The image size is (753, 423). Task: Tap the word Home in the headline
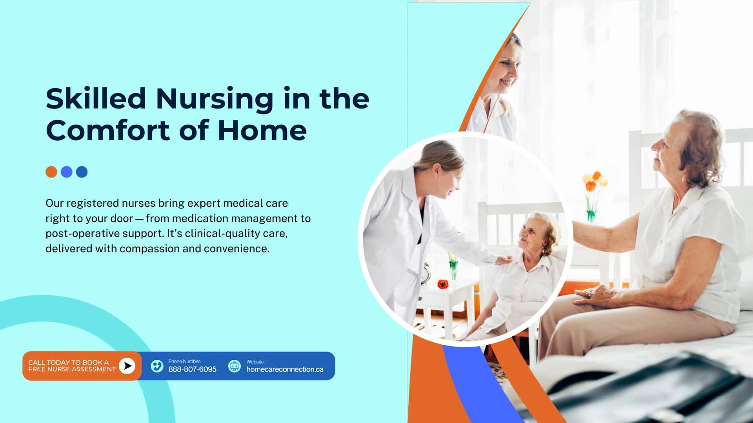click(262, 130)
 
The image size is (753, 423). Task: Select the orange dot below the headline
click(51, 172)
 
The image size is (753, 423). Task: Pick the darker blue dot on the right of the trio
click(82, 172)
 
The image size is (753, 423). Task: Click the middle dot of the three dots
click(67, 172)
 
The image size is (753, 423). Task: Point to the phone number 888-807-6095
click(192, 369)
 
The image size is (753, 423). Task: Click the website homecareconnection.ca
click(285, 369)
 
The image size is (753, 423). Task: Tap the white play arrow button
click(127, 366)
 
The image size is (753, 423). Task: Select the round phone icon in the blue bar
click(157, 366)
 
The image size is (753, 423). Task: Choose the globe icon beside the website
click(235, 366)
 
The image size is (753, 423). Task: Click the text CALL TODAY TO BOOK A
click(68, 363)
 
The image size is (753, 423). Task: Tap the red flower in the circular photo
click(443, 284)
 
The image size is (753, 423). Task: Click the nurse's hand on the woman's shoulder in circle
click(504, 260)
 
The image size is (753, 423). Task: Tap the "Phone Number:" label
click(184, 362)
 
